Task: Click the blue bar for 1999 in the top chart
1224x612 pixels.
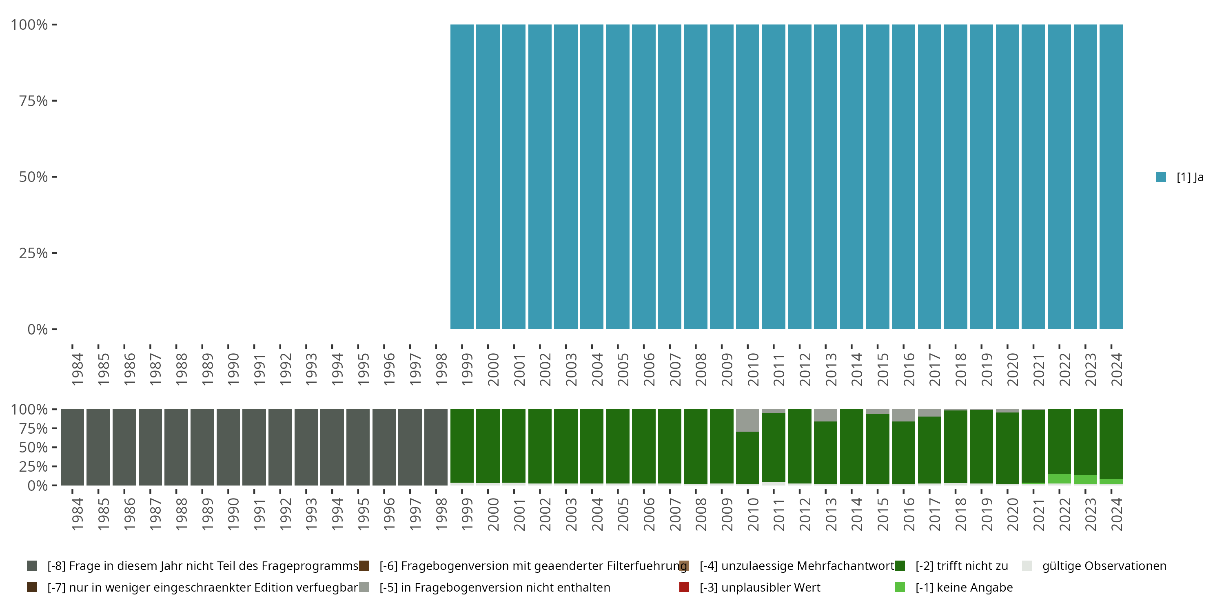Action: tap(462, 177)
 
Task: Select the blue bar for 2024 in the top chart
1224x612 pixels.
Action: tap(1111, 177)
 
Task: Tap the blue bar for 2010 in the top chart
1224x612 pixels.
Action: tap(747, 177)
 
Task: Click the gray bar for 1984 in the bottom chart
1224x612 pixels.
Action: tap(72, 447)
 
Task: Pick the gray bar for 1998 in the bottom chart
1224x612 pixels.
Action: tap(436, 447)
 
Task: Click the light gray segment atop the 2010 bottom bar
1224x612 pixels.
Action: tap(747, 420)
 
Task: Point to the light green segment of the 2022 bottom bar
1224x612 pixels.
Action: tap(1059, 479)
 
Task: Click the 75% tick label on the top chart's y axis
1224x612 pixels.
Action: tap(33, 101)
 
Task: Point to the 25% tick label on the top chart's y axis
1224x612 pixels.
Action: tap(33, 253)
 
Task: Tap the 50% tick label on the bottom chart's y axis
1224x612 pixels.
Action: tap(33, 448)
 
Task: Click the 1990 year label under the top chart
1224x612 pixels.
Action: tap(233, 369)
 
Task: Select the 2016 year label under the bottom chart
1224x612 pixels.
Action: tap(909, 514)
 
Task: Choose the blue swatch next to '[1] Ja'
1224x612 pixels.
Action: tap(1161, 177)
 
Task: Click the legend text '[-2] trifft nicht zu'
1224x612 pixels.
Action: tap(961, 566)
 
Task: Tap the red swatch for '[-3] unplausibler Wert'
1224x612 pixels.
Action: tap(684, 587)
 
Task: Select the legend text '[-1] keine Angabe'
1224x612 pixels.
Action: tap(964, 587)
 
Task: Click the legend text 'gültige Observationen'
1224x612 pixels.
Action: tap(1104, 566)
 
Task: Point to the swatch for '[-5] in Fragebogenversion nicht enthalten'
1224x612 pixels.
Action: tap(364, 587)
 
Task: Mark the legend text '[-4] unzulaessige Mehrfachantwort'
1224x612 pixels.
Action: tap(797, 566)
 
